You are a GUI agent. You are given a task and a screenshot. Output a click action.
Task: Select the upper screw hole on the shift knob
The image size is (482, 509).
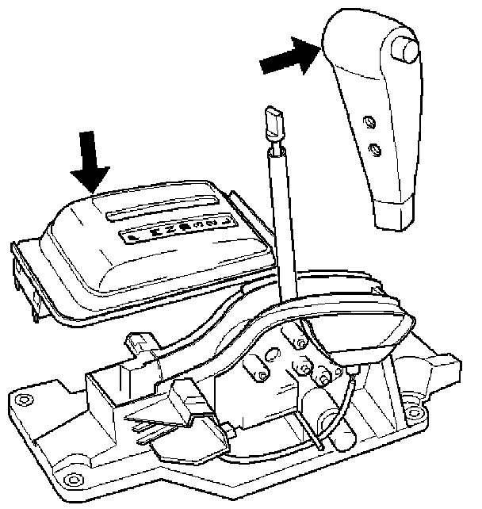click(x=367, y=121)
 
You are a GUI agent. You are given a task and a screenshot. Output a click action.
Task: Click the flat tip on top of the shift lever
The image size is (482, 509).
click(x=271, y=123)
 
